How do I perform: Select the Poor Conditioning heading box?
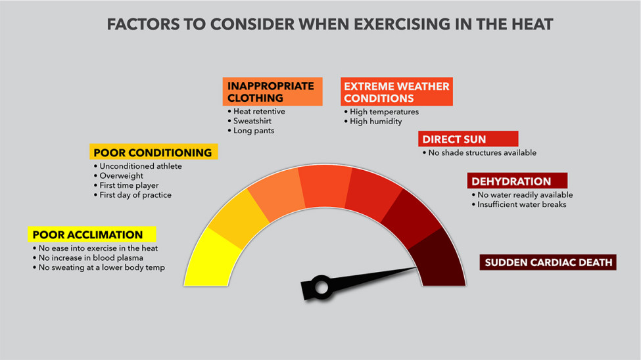153,152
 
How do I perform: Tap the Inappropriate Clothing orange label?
272,92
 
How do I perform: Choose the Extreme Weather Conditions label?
397,92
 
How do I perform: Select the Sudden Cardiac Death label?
548,263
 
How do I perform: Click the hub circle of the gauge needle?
321,287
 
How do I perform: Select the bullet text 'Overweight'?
122,176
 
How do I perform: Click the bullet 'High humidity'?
375,122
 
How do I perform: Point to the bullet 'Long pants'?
254,131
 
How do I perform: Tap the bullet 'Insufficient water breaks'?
519,204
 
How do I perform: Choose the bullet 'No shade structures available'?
480,153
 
